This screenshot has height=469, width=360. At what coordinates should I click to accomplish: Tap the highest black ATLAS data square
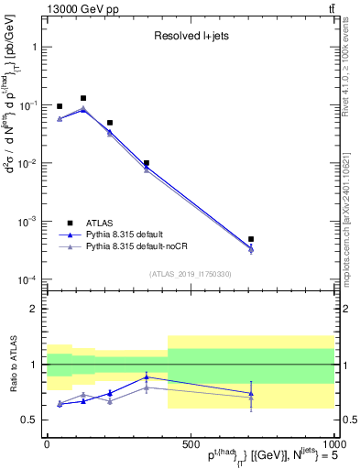pos(83,98)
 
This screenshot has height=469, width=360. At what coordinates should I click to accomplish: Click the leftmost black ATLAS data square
pos(60,106)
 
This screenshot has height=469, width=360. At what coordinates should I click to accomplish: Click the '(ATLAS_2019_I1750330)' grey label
pos(191,274)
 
